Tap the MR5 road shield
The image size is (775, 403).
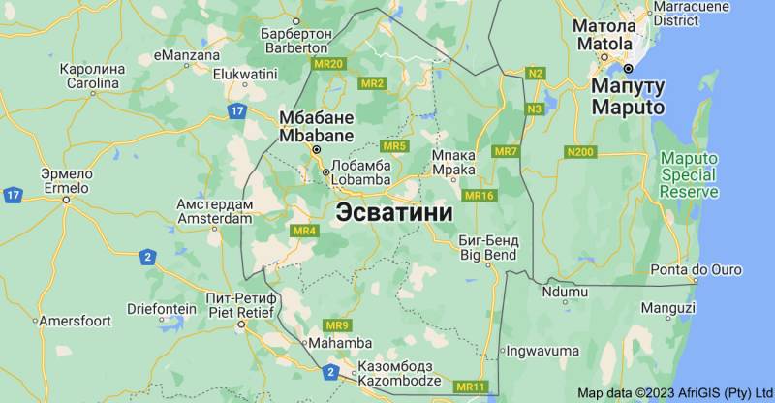[394, 146]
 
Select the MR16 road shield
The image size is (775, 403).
[480, 196]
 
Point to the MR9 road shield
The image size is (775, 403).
[337, 325]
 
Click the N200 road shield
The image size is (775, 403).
[580, 152]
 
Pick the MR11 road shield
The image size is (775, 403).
[471, 387]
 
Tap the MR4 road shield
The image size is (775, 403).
[304, 231]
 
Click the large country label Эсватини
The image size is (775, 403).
[394, 212]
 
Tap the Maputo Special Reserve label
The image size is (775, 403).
[689, 174]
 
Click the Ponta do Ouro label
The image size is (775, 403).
[696, 269]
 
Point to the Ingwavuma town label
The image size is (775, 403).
[542, 350]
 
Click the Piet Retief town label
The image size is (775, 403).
[242, 304]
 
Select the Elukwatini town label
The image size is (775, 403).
[245, 73]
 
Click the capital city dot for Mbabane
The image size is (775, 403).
[315, 151]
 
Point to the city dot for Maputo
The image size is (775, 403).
[628, 69]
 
